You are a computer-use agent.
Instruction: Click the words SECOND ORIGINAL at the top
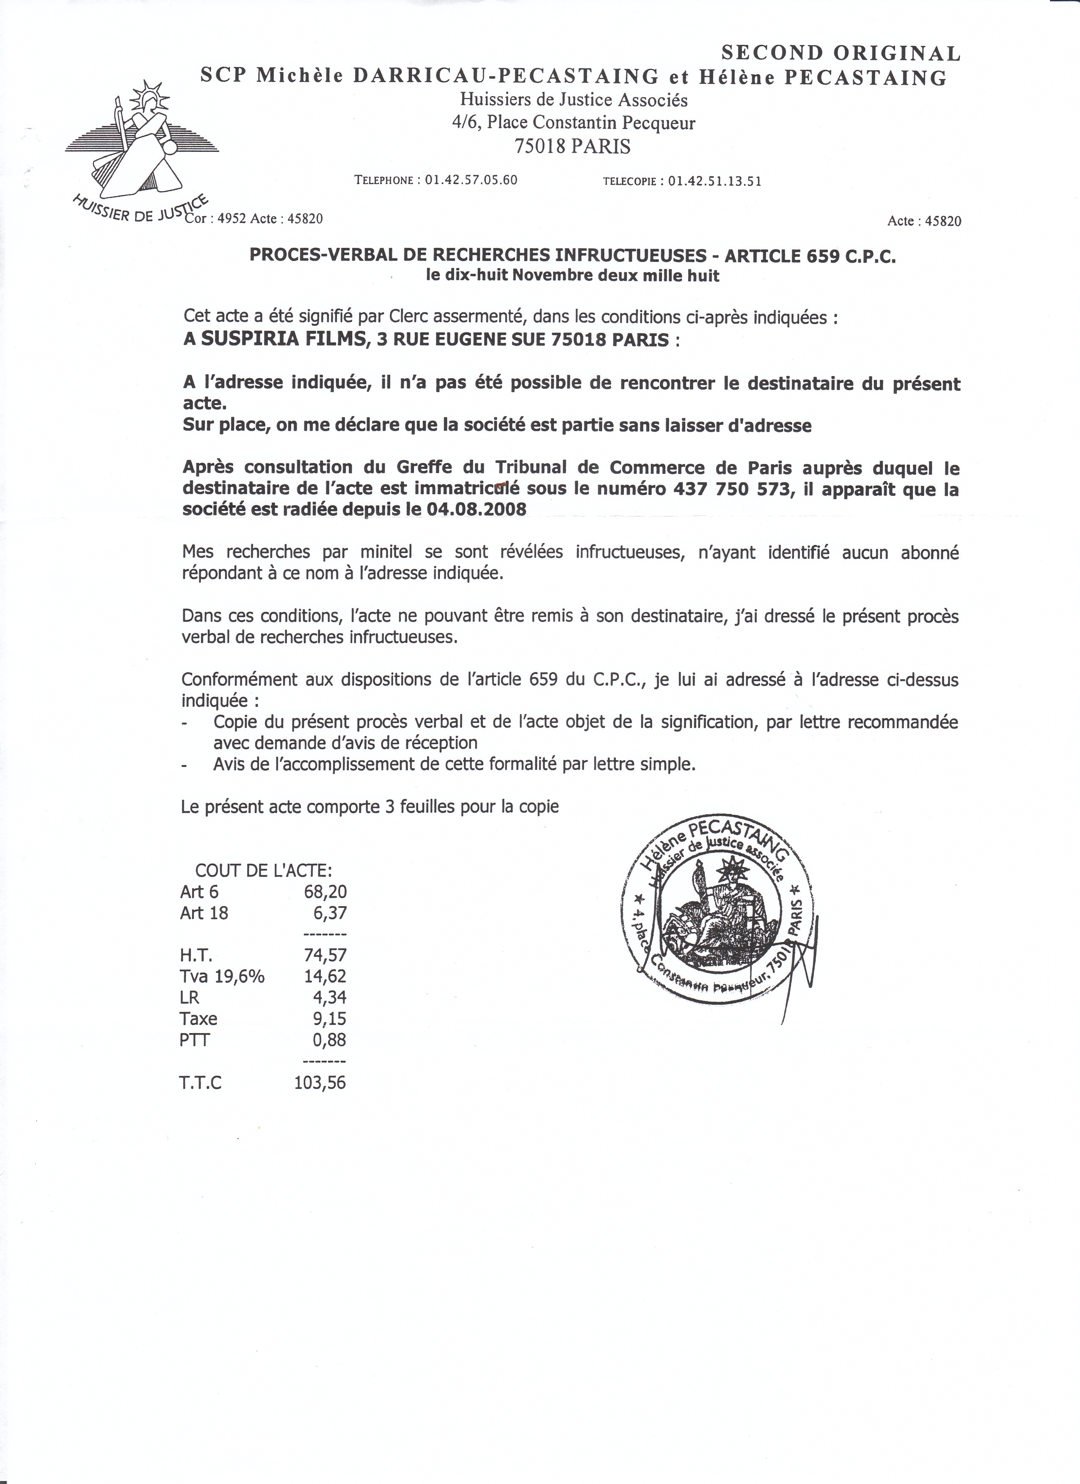(x=840, y=53)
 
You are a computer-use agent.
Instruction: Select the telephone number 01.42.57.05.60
(x=471, y=180)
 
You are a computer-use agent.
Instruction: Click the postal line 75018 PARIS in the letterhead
(x=573, y=146)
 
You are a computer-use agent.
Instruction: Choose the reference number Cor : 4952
(x=215, y=219)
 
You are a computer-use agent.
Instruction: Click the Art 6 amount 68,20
(x=325, y=891)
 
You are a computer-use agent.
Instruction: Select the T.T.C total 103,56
(x=320, y=1083)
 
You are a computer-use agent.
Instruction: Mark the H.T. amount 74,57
(x=325, y=955)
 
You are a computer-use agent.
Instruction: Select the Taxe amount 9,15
(x=329, y=1019)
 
